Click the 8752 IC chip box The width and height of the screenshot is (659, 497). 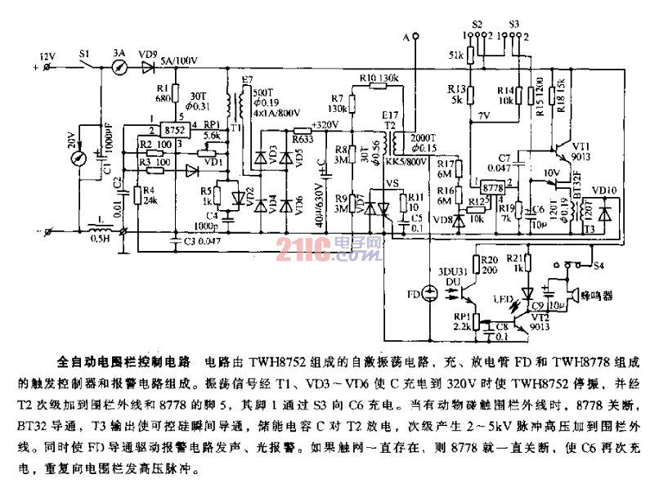(x=173, y=130)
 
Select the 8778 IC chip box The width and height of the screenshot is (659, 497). (x=493, y=187)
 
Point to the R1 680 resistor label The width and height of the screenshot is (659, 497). (x=161, y=93)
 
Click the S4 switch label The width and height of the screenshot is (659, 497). (x=600, y=265)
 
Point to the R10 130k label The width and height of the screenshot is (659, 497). (x=378, y=78)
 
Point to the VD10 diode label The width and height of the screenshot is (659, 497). (x=605, y=190)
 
